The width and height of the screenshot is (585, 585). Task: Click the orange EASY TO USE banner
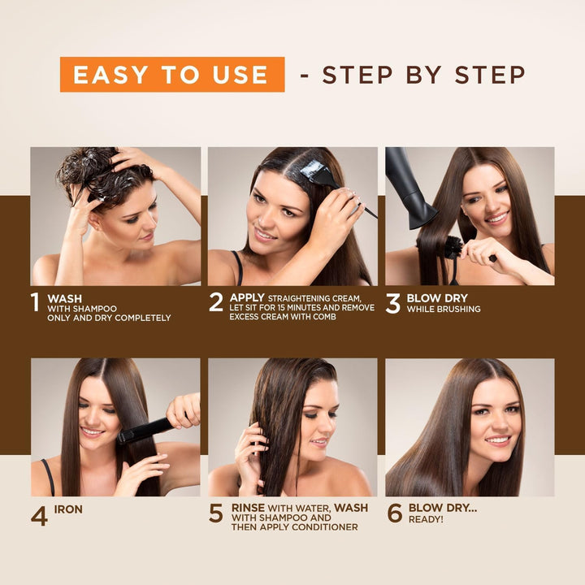(x=171, y=75)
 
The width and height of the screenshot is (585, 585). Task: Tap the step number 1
(x=35, y=302)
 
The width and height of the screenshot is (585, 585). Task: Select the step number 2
(x=215, y=302)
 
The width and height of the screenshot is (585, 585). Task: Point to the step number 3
(x=393, y=303)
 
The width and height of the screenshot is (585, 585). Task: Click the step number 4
(x=39, y=515)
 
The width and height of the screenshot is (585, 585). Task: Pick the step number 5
(x=216, y=513)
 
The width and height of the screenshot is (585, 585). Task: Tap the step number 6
(x=395, y=513)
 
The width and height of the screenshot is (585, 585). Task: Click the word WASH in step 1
(x=64, y=298)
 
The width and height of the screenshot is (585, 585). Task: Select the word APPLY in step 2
(x=247, y=297)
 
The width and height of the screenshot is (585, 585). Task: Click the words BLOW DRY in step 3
(x=437, y=298)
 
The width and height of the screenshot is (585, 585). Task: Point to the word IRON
(x=68, y=509)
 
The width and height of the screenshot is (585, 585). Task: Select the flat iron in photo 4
(x=146, y=430)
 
